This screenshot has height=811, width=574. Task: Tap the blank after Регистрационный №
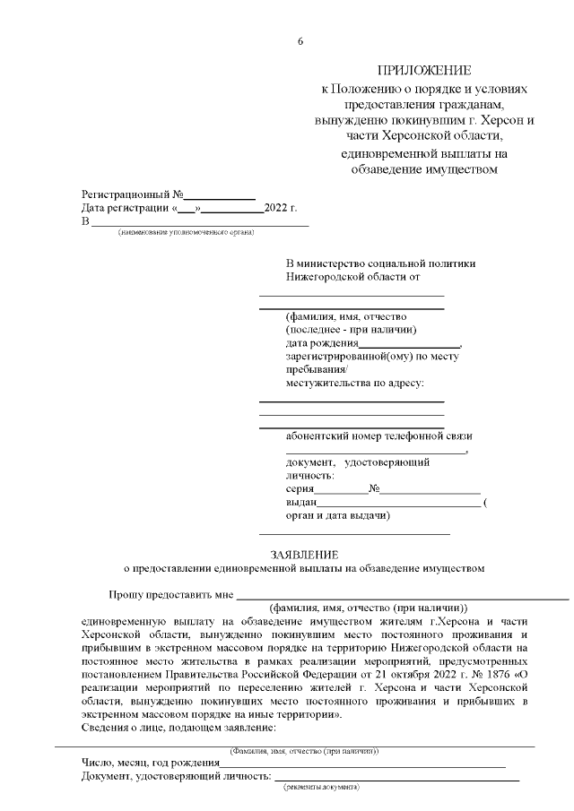click(x=220, y=194)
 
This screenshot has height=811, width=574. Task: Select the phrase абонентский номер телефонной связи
click(x=378, y=436)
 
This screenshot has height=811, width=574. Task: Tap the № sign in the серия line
click(x=374, y=489)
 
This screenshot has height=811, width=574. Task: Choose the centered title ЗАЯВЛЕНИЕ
click(x=304, y=554)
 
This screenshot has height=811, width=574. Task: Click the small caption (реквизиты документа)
click(x=321, y=786)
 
